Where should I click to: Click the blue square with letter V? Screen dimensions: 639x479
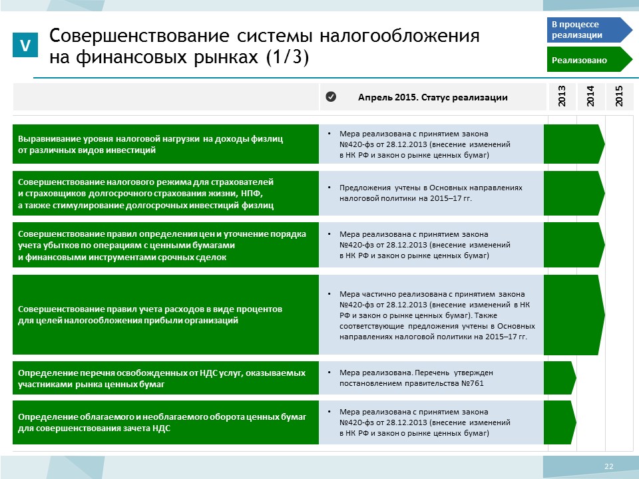25,45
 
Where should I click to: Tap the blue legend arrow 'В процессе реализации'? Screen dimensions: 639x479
589,30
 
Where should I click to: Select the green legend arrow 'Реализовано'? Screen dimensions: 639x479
589,59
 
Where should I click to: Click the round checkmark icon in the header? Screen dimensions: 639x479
331,96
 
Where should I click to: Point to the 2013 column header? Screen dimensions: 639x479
562,96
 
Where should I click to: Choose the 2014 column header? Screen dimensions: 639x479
590,96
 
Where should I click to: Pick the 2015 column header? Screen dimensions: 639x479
620,96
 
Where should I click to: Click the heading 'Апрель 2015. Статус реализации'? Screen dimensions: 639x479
433,97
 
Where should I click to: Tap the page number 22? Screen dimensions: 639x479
609,466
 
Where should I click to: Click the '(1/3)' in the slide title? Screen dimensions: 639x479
288,57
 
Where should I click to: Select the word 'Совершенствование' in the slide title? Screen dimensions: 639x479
139,36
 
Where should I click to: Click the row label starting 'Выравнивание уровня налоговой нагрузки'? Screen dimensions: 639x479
150,144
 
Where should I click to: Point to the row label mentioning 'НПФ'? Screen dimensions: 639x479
146,194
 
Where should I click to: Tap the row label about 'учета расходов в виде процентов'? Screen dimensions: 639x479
150,315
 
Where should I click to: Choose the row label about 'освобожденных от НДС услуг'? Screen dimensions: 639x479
162,379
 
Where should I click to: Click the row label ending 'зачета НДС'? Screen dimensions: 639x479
162,422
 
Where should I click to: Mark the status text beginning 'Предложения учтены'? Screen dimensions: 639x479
431,193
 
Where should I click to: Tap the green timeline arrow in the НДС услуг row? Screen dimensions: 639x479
560,378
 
